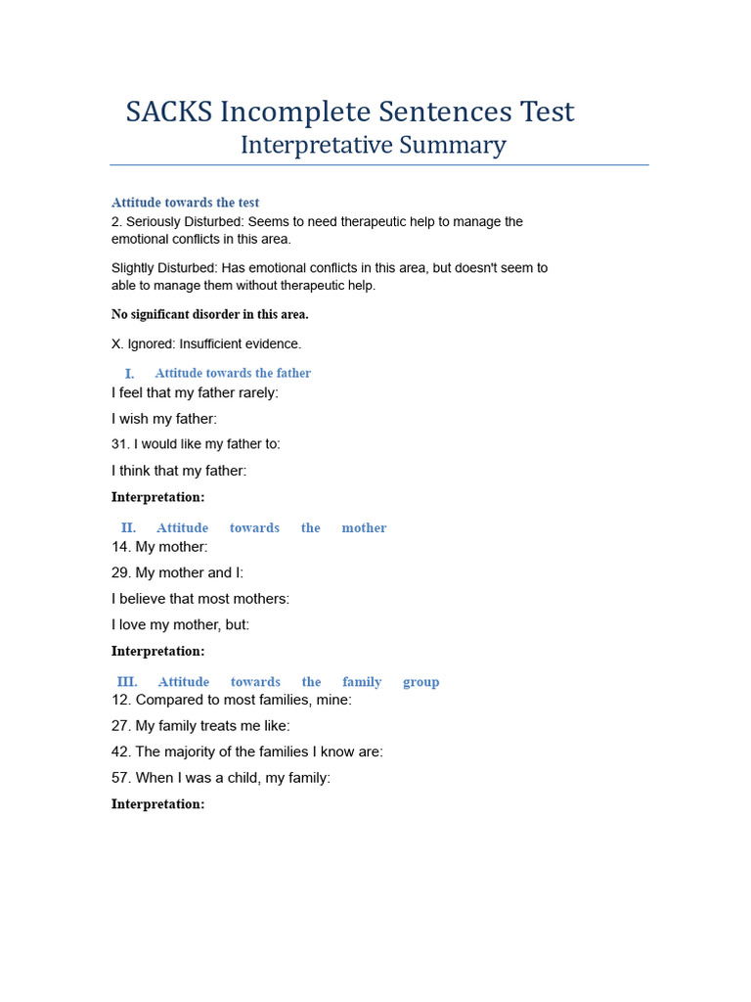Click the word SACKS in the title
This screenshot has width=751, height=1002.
(x=169, y=113)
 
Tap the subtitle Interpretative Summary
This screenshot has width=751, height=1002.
(x=373, y=146)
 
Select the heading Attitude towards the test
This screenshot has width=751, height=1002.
(x=185, y=203)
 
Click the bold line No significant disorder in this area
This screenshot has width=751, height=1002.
(x=210, y=315)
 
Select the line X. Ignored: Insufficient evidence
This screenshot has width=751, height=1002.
(x=206, y=344)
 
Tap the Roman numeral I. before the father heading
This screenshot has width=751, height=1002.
(x=129, y=373)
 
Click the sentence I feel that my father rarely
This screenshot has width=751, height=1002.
(x=195, y=392)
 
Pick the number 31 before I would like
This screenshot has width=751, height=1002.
(x=120, y=444)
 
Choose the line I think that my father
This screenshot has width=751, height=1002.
(x=179, y=471)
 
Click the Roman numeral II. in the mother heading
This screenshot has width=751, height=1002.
(x=128, y=527)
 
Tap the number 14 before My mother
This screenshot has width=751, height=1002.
(x=121, y=547)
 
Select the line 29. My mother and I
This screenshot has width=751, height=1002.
(x=177, y=572)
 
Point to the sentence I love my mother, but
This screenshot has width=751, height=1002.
(x=180, y=624)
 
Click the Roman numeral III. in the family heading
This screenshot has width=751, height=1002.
(x=127, y=682)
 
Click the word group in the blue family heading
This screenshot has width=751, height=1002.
(x=420, y=682)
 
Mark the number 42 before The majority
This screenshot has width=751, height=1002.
(x=121, y=752)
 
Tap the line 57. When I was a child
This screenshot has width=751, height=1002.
(x=221, y=778)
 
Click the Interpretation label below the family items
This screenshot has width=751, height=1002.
(x=157, y=804)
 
